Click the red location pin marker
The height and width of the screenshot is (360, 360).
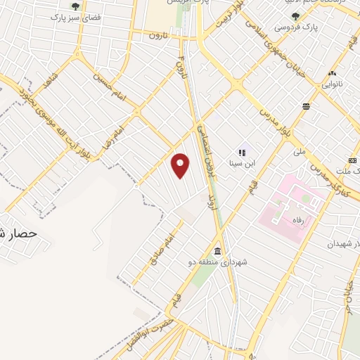(x=181, y=165)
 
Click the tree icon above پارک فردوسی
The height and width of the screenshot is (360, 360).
(x=296, y=18)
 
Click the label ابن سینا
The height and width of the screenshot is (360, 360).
(x=241, y=163)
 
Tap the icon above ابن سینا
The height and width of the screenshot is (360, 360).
(x=242, y=151)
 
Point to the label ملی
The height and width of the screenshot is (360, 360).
(x=300, y=150)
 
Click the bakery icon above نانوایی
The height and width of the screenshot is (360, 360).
(x=331, y=72)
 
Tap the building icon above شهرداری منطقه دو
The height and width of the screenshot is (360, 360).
(x=217, y=252)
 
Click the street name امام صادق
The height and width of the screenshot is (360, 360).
(x=160, y=250)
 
